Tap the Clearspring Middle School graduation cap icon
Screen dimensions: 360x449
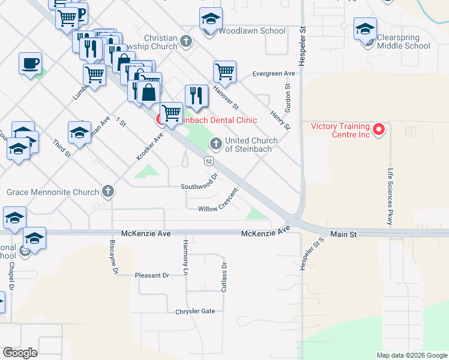[x=365, y=29]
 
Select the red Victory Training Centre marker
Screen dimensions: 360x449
[x=378, y=128]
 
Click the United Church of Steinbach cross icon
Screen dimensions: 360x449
[x=215, y=143]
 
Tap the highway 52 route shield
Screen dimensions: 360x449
[x=208, y=161]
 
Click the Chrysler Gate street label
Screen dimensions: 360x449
[x=195, y=311]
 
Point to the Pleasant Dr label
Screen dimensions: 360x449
[x=152, y=275]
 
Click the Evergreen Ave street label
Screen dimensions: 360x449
[x=274, y=73]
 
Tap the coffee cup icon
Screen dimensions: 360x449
[x=30, y=63]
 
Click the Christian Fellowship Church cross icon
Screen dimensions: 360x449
[x=186, y=41]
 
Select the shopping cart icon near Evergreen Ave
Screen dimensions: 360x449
[x=224, y=71]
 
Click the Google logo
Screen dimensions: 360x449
[x=20, y=352]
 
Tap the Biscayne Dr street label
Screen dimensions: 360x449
[x=113, y=259]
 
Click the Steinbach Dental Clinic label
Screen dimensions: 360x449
[x=216, y=120]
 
